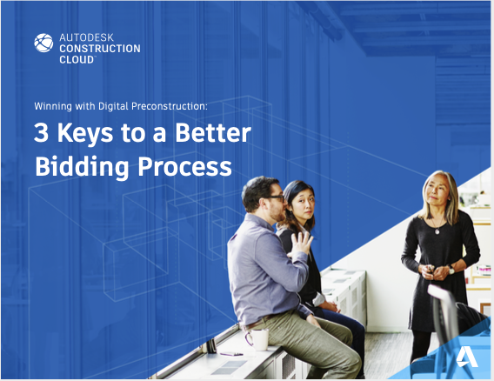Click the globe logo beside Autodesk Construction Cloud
(43, 43)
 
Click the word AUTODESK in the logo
(86, 37)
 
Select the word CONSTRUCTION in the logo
(100, 49)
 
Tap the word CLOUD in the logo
(77, 59)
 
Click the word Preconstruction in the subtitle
(170, 106)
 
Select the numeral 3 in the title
(41, 132)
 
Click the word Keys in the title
(85, 134)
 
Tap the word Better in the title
(213, 132)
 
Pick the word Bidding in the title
(82, 167)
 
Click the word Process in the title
(185, 166)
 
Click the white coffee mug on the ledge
(257, 339)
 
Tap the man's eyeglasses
(275, 198)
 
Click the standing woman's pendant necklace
(437, 231)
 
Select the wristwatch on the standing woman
(451, 270)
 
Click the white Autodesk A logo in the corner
(467, 357)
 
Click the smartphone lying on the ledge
(231, 354)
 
